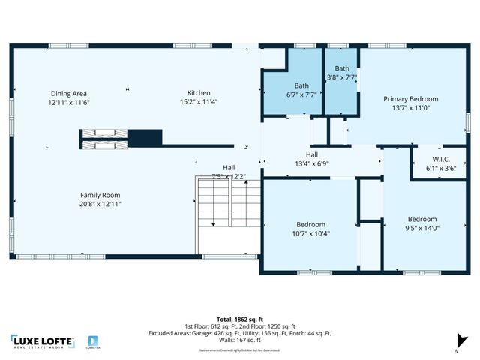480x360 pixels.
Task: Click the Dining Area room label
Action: tap(69, 94)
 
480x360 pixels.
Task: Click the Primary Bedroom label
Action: tap(410, 99)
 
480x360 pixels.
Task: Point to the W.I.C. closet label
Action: tap(441, 159)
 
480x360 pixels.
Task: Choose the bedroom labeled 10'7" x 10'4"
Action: tap(310, 225)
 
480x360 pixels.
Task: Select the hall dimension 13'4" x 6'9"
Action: tap(312, 163)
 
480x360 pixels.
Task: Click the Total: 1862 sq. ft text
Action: tap(239, 318)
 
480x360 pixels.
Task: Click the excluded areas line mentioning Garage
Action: tap(239, 332)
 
